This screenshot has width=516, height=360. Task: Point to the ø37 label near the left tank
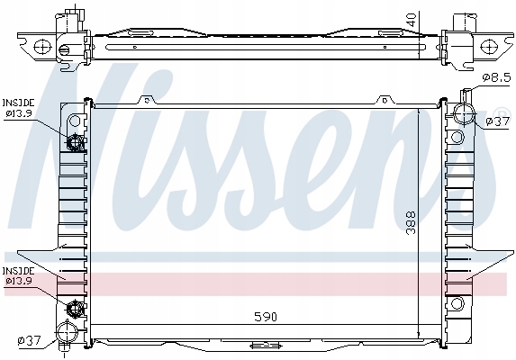pos(30,339)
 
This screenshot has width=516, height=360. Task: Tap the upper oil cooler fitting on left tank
pos(76,141)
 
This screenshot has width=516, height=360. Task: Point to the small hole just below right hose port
pos(458,138)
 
